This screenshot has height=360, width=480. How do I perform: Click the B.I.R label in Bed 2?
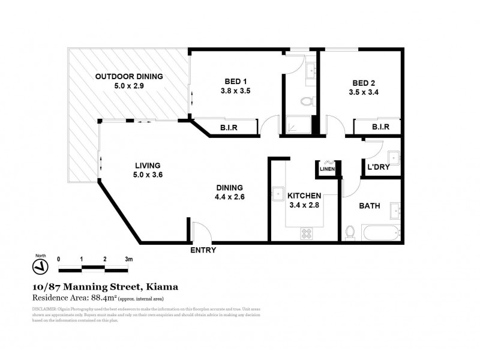tap(380, 127)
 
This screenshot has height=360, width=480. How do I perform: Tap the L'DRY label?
tap(378, 167)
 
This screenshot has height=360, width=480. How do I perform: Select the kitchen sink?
tap(278, 194)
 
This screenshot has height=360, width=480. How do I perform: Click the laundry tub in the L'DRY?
tap(394, 158)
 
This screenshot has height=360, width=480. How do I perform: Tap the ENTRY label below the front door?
tap(203, 250)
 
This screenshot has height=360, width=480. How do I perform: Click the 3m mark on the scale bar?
tap(128, 259)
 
